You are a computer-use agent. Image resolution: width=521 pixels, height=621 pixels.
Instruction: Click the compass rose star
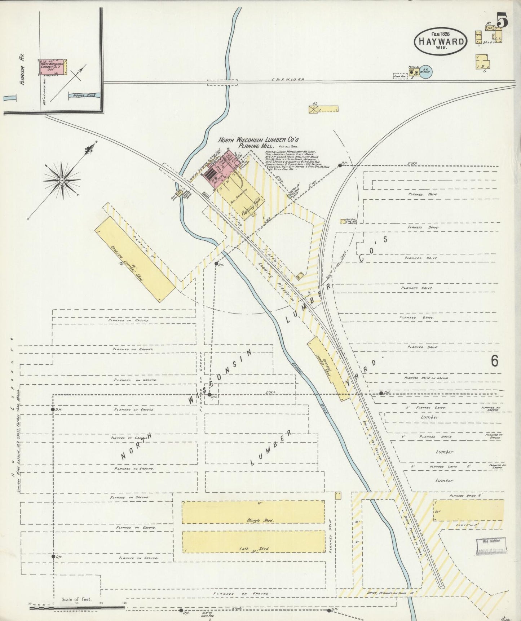62,179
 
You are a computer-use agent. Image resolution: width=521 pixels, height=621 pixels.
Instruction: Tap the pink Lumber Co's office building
53,67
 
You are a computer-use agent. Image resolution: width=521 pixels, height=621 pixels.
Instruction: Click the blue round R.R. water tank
426,72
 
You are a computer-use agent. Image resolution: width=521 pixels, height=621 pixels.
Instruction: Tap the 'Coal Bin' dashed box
399,76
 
